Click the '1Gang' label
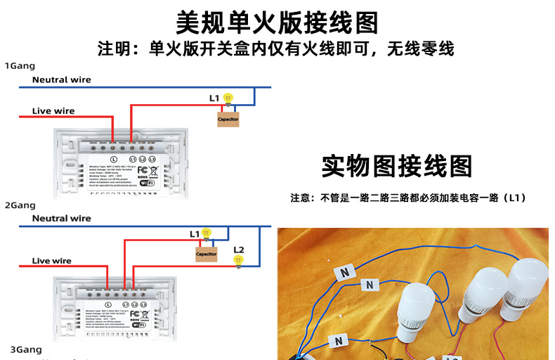click(20, 65)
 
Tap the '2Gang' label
click(20, 205)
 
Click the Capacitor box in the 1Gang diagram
click(228, 120)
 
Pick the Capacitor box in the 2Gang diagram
click(207, 253)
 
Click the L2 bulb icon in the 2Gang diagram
click(238, 260)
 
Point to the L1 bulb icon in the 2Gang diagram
click(206, 233)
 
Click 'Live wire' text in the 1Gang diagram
click(53, 111)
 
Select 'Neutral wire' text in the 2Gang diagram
click(62, 219)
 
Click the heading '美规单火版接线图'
click(277, 22)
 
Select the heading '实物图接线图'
click(397, 166)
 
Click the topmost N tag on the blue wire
click(346, 271)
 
